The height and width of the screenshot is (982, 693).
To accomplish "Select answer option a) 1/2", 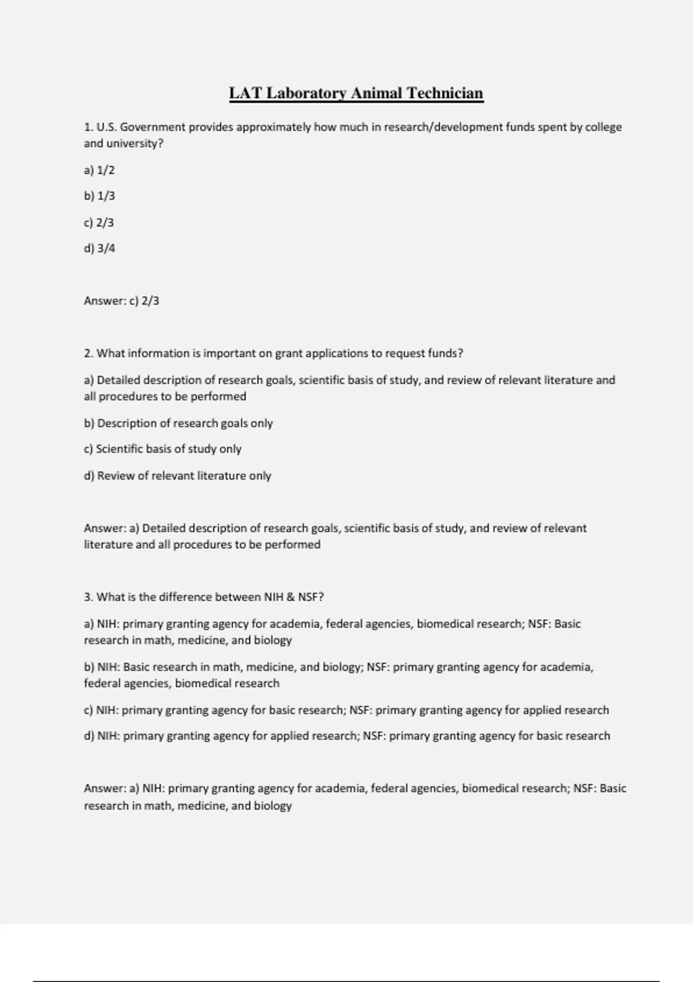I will click(x=99, y=170).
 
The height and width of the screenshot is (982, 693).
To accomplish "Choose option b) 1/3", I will click(x=99, y=196).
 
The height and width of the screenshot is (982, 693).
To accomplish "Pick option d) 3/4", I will click(x=99, y=248).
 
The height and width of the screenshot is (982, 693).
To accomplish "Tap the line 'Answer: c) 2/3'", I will click(x=121, y=301).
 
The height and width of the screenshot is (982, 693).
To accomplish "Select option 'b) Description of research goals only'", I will click(x=178, y=423).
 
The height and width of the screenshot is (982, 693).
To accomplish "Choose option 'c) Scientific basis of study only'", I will click(x=162, y=449).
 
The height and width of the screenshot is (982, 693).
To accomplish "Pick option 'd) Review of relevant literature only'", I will click(x=177, y=476).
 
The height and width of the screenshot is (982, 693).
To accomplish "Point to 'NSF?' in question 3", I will click(x=311, y=597).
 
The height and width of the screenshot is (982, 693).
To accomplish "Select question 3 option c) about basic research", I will click(x=346, y=710).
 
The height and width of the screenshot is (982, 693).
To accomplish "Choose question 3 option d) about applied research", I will click(x=346, y=736).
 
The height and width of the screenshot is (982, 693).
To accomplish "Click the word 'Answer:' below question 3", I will click(x=105, y=788).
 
